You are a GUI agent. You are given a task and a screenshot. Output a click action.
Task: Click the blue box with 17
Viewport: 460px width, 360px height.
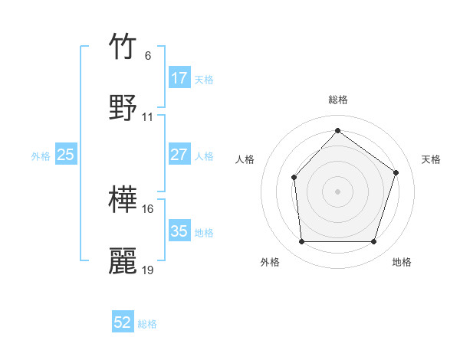tap(179, 78)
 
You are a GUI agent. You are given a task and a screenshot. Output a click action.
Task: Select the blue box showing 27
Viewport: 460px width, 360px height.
tap(179, 155)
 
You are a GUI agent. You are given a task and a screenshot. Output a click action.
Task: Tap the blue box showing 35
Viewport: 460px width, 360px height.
tap(179, 231)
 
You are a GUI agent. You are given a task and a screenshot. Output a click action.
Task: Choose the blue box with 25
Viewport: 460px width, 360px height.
tap(66, 155)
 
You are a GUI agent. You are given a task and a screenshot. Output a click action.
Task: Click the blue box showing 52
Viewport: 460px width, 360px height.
tap(123, 322)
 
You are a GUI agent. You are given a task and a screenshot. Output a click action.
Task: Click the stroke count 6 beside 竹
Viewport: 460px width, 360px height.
tap(148, 56)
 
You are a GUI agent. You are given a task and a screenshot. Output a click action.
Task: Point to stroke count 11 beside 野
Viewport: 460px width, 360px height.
tap(148, 117)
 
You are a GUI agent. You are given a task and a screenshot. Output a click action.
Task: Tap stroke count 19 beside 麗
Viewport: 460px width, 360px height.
tap(148, 270)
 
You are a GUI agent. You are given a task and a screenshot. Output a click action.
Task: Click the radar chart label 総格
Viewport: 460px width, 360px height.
tap(338, 100)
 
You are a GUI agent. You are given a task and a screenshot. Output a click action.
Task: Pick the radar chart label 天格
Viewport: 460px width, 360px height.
tap(432, 159)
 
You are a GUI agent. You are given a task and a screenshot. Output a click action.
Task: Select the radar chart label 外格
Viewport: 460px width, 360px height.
tap(270, 263)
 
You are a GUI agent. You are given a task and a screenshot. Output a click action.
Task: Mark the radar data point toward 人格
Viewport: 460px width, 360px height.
tap(294, 178)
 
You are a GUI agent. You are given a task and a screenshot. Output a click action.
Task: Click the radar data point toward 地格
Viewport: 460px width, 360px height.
tap(373, 242)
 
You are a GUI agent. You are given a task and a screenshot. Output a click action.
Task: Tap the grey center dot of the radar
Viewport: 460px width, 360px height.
tap(337, 191)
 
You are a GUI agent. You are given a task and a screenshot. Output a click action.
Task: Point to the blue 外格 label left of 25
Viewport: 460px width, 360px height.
tap(41, 155)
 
